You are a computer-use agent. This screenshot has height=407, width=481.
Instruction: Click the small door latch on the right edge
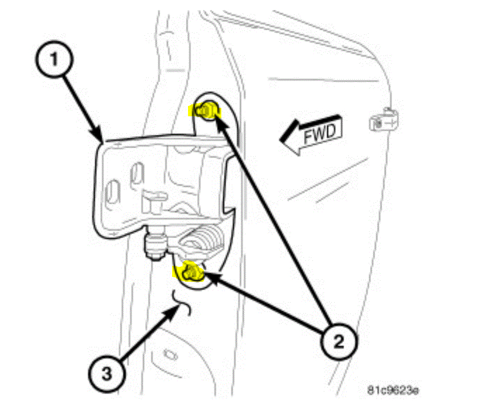384,119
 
